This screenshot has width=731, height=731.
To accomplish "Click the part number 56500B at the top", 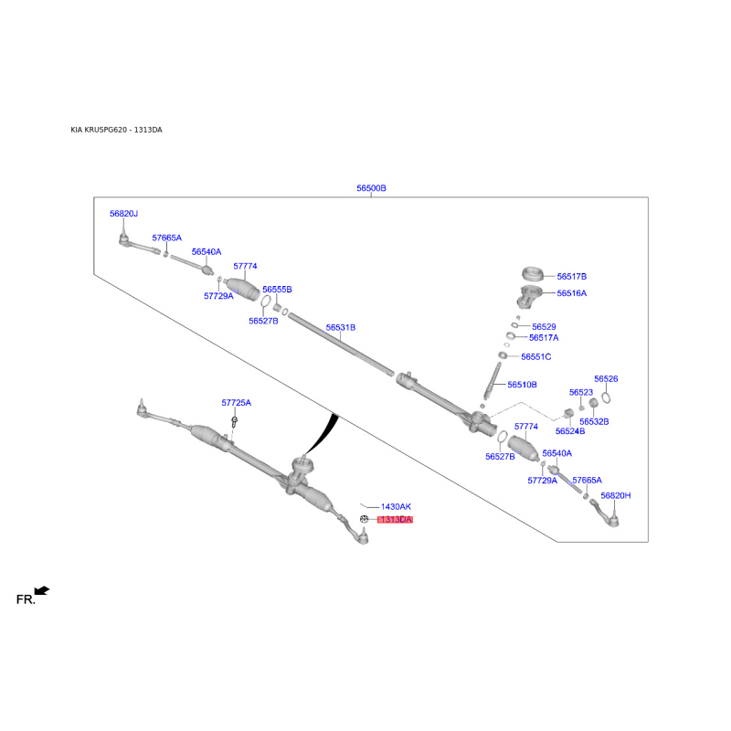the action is pos(371,188).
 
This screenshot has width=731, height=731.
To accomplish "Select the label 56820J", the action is pos(123,214).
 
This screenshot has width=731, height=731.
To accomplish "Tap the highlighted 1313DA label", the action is pos(396,519).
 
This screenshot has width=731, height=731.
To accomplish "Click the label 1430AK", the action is pos(396,507).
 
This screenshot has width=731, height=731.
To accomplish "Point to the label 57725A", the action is pos(236,403).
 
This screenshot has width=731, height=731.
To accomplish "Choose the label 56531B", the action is pos(340,328).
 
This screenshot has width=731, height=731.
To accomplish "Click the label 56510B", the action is pos(522,385).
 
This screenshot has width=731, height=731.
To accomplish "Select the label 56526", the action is pos(606,379).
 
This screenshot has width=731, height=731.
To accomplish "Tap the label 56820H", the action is pos(615,495).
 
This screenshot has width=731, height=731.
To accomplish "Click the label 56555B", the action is pos(277,290).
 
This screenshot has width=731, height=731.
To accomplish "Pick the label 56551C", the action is pos(535,356).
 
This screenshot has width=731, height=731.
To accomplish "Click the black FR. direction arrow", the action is pos(42,590).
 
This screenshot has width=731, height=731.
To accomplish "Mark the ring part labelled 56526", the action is pos(606,397).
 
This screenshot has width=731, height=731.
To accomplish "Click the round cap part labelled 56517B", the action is pos(532,273).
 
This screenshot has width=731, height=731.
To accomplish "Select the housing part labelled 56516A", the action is pos(529,296).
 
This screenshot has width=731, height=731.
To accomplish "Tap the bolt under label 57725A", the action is pos(235,422).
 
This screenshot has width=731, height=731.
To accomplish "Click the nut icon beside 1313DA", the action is pos(364,519).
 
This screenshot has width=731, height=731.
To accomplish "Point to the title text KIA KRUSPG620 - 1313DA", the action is pos(117,130).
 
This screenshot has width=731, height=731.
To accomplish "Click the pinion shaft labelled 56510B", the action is pos(493,381).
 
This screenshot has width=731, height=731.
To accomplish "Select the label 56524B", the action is pos(569,431).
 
